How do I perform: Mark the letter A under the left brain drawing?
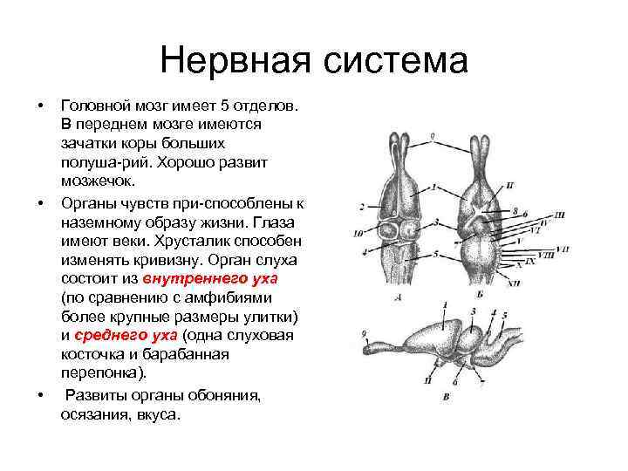pyautogui.click(x=398, y=297)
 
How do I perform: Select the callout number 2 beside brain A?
pyautogui.click(x=360, y=207)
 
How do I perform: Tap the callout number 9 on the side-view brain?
pyautogui.click(x=364, y=332)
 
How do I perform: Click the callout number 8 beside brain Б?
pyautogui.click(x=515, y=210)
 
